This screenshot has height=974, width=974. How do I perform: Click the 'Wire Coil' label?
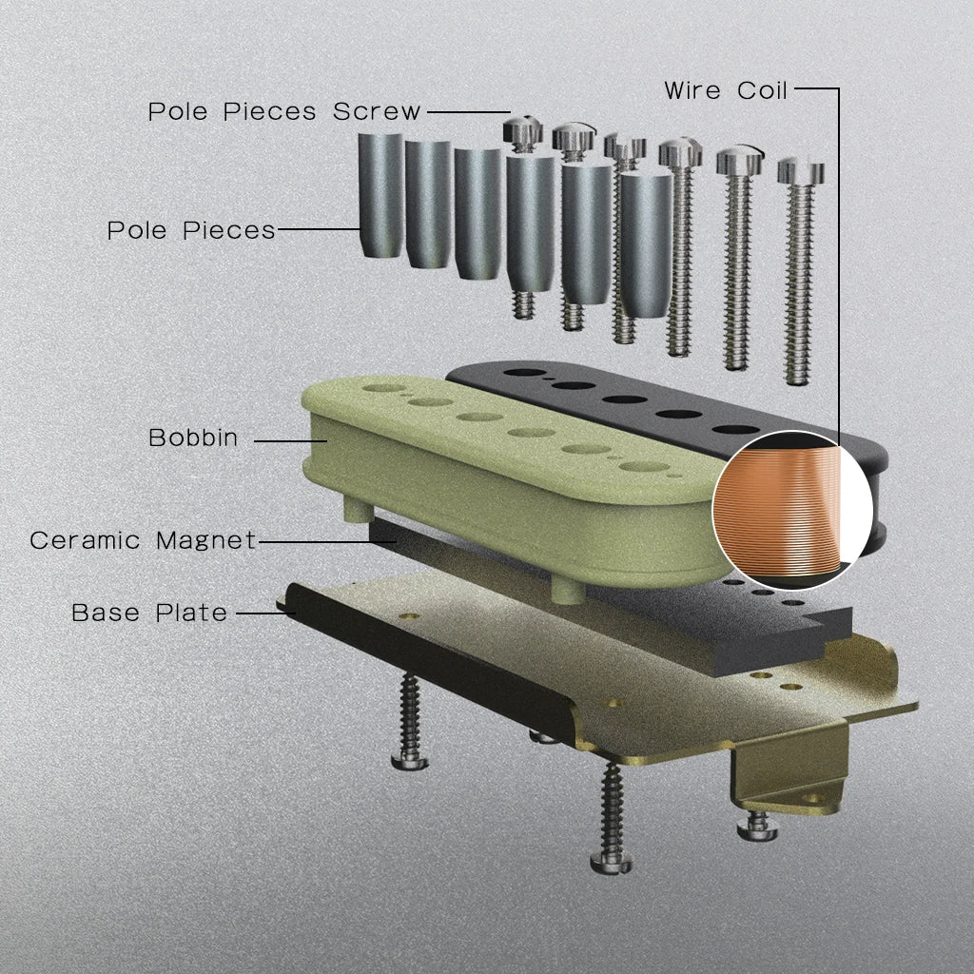[726, 90]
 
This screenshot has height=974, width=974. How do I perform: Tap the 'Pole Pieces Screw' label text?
[284, 112]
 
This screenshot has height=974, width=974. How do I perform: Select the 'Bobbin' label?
[193, 438]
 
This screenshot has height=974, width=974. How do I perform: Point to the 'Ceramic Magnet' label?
[143, 540]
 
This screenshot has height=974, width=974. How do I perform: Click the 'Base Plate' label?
[149, 613]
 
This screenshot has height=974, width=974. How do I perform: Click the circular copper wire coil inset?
[792, 510]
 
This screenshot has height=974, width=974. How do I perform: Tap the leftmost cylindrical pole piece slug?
[380, 194]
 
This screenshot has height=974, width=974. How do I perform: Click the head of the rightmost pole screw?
[801, 170]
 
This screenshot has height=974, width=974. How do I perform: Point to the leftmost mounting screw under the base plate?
[410, 722]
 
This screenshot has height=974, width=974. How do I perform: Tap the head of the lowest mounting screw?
[612, 862]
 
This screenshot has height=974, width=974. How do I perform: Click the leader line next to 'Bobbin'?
[291, 441]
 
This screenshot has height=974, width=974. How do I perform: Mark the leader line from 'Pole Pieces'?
[319, 228]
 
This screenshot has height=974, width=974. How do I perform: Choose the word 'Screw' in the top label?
[377, 112]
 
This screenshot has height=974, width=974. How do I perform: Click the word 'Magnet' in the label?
[206, 540]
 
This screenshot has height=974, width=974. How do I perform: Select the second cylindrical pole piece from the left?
[428, 205]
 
